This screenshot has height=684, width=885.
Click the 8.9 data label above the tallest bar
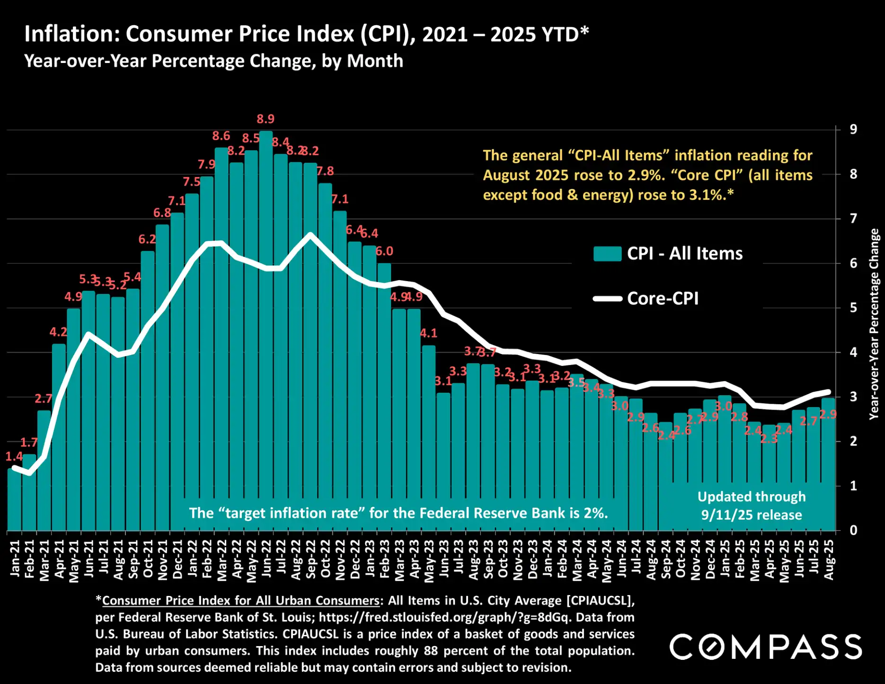coord(265,119)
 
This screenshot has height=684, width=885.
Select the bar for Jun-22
coord(266,331)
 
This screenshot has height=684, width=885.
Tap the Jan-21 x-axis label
coord(15,559)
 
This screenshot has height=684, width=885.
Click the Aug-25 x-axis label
coord(829,560)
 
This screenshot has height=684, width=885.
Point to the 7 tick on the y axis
coord(853,219)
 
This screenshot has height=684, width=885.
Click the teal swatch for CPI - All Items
coord(607,254)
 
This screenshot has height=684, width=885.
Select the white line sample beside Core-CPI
coord(607,299)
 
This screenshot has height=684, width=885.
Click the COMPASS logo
coord(765,647)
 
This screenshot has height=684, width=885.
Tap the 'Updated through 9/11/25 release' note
coord(752,506)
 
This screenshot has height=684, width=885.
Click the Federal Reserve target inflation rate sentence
coord(398,513)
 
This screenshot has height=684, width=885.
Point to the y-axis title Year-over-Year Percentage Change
coord(874,324)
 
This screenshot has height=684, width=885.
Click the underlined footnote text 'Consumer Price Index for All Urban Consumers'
coord(241,601)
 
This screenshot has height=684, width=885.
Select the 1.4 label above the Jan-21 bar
coord(14,457)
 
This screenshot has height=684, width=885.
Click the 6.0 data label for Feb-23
coord(384,251)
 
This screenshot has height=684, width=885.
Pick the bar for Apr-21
coord(59,435)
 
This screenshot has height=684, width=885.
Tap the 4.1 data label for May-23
coord(429,333)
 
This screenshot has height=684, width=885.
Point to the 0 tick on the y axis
coord(853,531)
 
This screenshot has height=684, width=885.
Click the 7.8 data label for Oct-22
coord(325,171)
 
